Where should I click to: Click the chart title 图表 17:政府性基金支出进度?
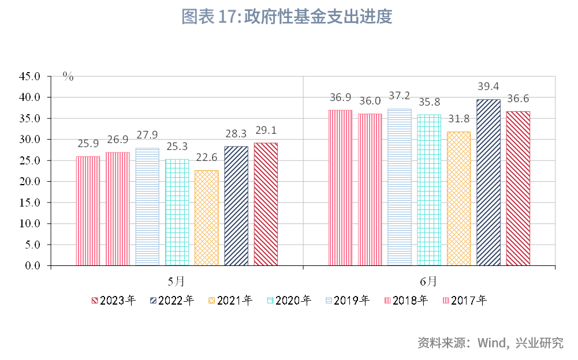tap(287, 17)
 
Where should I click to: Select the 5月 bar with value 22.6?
tap(207, 218)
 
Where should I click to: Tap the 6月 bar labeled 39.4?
tap(488, 182)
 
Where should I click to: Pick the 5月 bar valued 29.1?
tap(266, 204)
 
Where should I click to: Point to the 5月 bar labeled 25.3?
tap(177, 212)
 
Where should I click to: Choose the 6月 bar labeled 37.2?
tap(400, 187)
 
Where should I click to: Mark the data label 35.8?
tap(429, 103)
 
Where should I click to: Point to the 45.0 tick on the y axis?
tap(30, 76)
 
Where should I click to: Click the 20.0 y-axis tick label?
tap(30, 182)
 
